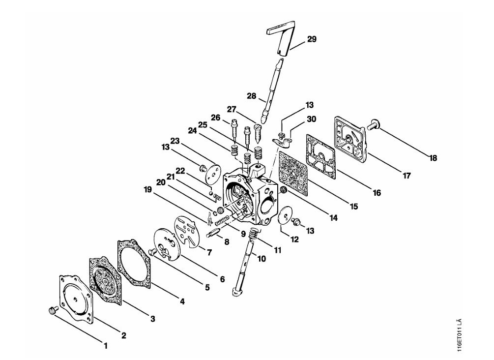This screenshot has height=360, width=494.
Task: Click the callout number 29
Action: (312, 39)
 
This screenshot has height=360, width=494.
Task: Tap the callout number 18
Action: (434, 158)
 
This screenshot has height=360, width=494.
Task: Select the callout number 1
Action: (106, 346)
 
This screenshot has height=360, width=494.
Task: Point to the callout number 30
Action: (311, 119)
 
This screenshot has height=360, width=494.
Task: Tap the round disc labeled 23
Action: (211, 173)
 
